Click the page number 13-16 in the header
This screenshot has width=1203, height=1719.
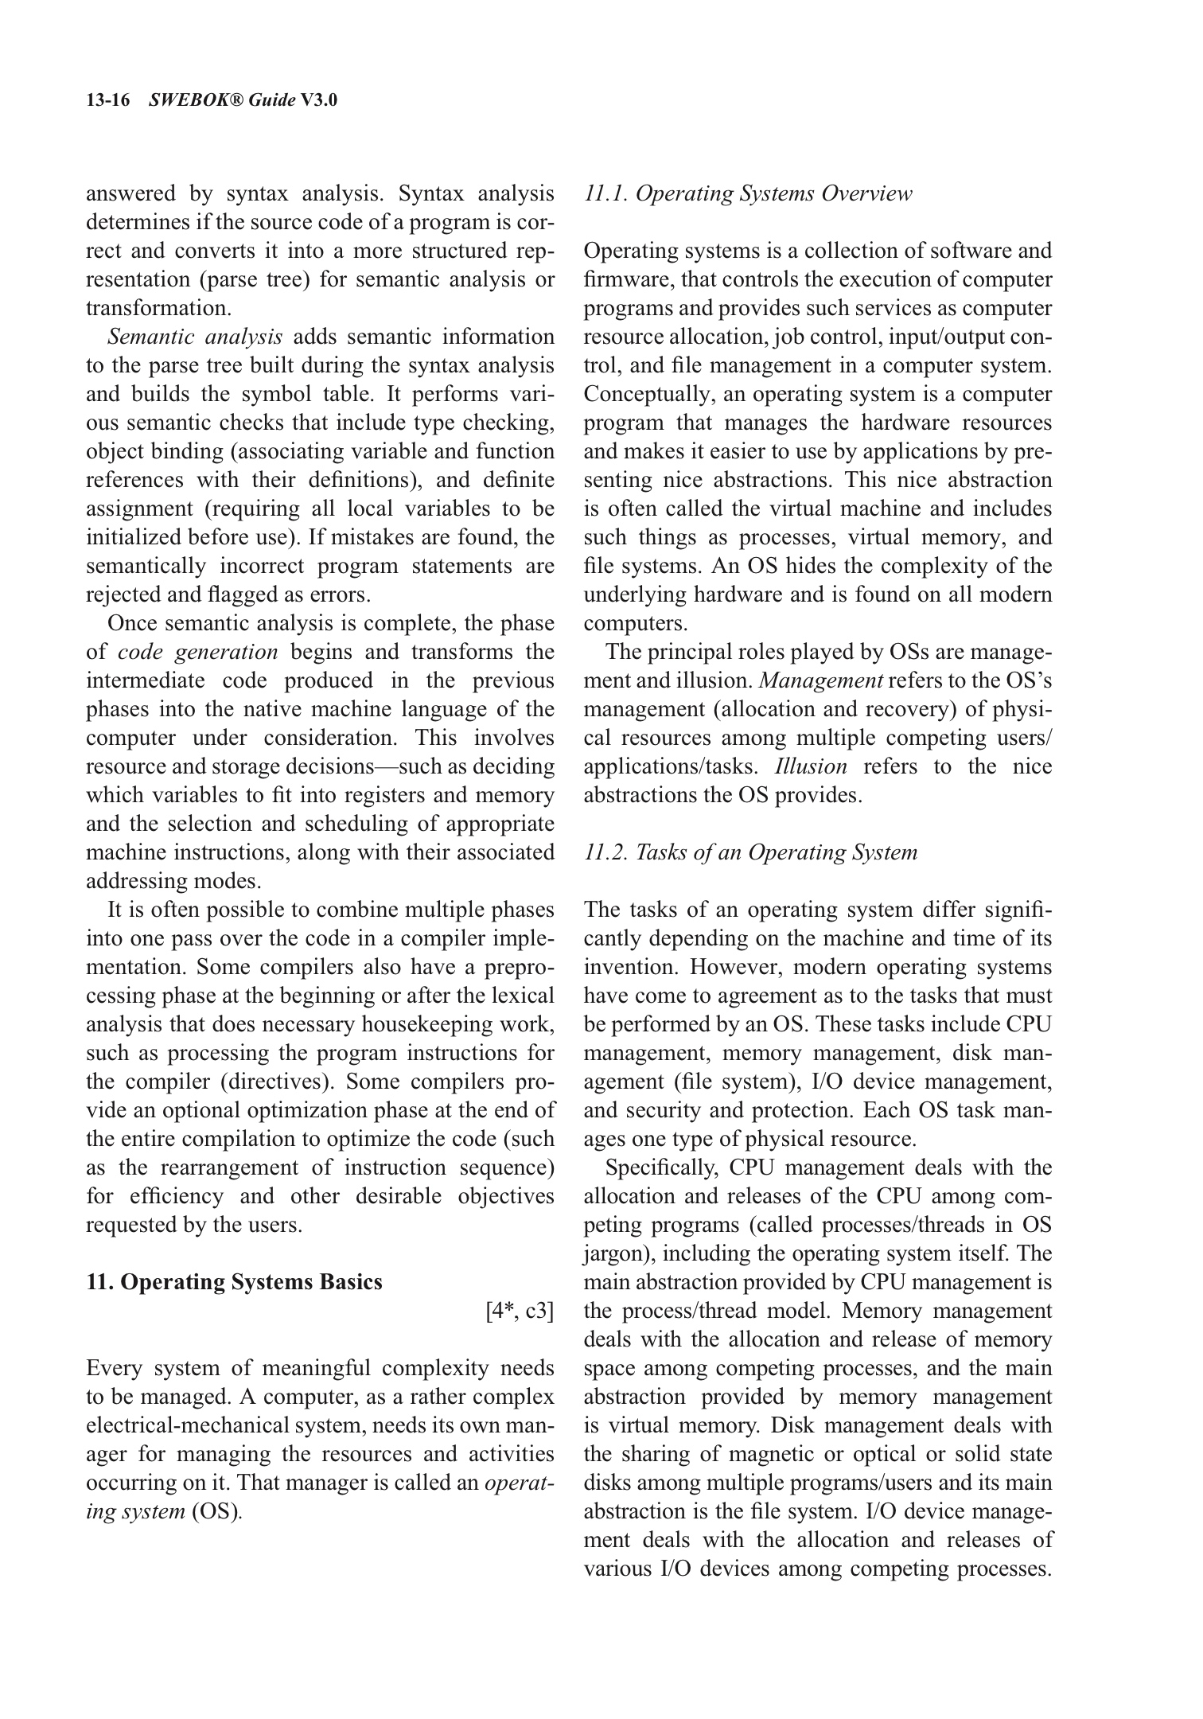[x=107, y=100]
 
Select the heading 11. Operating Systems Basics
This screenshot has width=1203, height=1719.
[x=234, y=1282]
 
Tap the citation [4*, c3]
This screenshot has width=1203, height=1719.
[x=520, y=1311]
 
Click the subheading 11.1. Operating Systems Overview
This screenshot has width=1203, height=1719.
[x=748, y=193]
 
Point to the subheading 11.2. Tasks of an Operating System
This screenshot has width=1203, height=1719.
[x=750, y=852]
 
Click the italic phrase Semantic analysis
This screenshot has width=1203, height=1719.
[x=195, y=337]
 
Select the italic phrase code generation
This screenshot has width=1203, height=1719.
[x=198, y=652]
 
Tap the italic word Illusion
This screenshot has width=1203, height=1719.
[x=811, y=766]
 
